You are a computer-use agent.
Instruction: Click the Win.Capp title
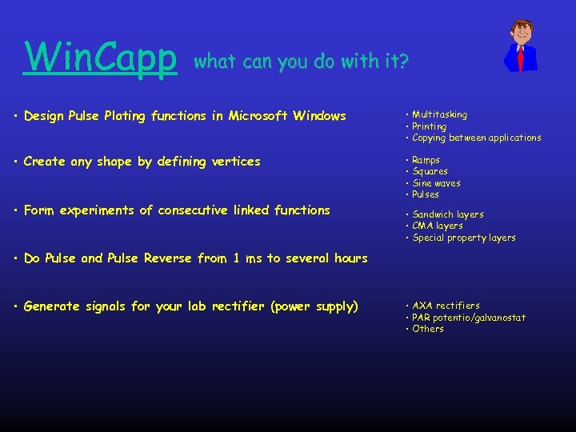click(x=101, y=56)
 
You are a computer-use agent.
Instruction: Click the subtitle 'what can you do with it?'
click(x=301, y=61)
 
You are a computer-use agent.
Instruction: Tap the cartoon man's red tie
click(x=521, y=58)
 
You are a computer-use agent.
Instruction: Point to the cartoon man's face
click(x=522, y=34)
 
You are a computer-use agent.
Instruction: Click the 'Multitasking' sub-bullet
click(x=439, y=115)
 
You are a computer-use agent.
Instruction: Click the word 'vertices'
click(x=236, y=162)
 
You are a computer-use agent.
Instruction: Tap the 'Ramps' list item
click(x=426, y=160)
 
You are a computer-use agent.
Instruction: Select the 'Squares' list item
click(x=430, y=171)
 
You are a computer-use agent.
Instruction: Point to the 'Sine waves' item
click(x=436, y=183)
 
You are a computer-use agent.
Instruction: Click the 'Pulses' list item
click(x=426, y=194)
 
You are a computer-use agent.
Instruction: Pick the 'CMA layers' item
click(x=437, y=226)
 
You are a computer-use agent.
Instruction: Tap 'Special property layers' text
click(x=463, y=238)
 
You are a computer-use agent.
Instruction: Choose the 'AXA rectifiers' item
click(x=446, y=306)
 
